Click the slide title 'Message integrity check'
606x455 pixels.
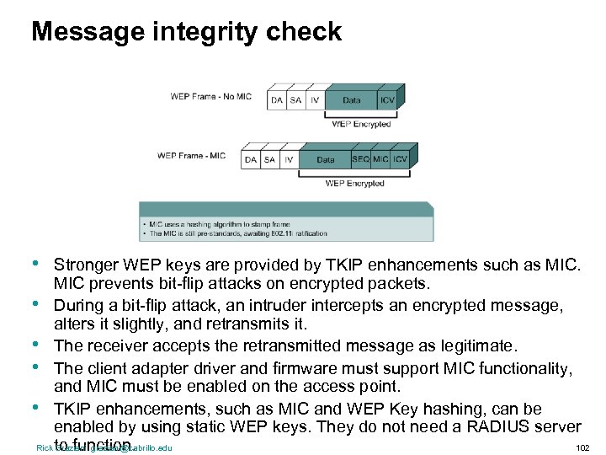pyautogui.click(x=186, y=32)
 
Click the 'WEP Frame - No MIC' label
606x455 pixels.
pyautogui.click(x=210, y=97)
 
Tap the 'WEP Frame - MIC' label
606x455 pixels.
pyautogui.click(x=192, y=156)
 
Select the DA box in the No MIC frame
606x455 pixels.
pyautogui.click(x=277, y=100)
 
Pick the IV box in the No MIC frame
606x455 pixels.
pyautogui.click(x=315, y=100)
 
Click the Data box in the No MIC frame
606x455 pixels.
pyautogui.click(x=351, y=100)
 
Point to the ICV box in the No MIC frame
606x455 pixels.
pyautogui.click(x=386, y=100)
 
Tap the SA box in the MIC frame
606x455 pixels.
pyautogui.click(x=270, y=158)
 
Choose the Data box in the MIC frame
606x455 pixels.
pyautogui.click(x=325, y=158)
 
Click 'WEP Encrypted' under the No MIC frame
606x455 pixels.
pyautogui.click(x=361, y=125)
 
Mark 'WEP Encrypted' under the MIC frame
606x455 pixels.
pyautogui.click(x=354, y=184)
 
